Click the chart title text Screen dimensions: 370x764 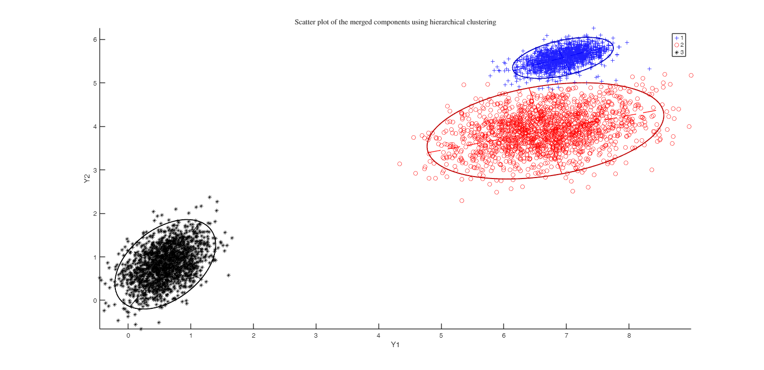[395, 22]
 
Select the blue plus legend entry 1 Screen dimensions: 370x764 [679, 38]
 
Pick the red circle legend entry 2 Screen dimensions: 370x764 [679, 45]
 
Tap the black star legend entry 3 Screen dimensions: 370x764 [679, 52]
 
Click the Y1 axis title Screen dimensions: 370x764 [395, 344]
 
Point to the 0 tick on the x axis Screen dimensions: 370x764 [128, 335]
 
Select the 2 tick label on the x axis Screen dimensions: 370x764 [253, 335]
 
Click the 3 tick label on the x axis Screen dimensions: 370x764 [316, 335]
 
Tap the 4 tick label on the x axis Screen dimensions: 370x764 [379, 335]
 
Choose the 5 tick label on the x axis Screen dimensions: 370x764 [441, 335]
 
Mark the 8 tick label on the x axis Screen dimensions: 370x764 [629, 335]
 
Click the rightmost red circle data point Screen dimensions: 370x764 [691, 76]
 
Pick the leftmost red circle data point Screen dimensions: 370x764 [399, 164]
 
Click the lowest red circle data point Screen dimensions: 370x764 [462, 200]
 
